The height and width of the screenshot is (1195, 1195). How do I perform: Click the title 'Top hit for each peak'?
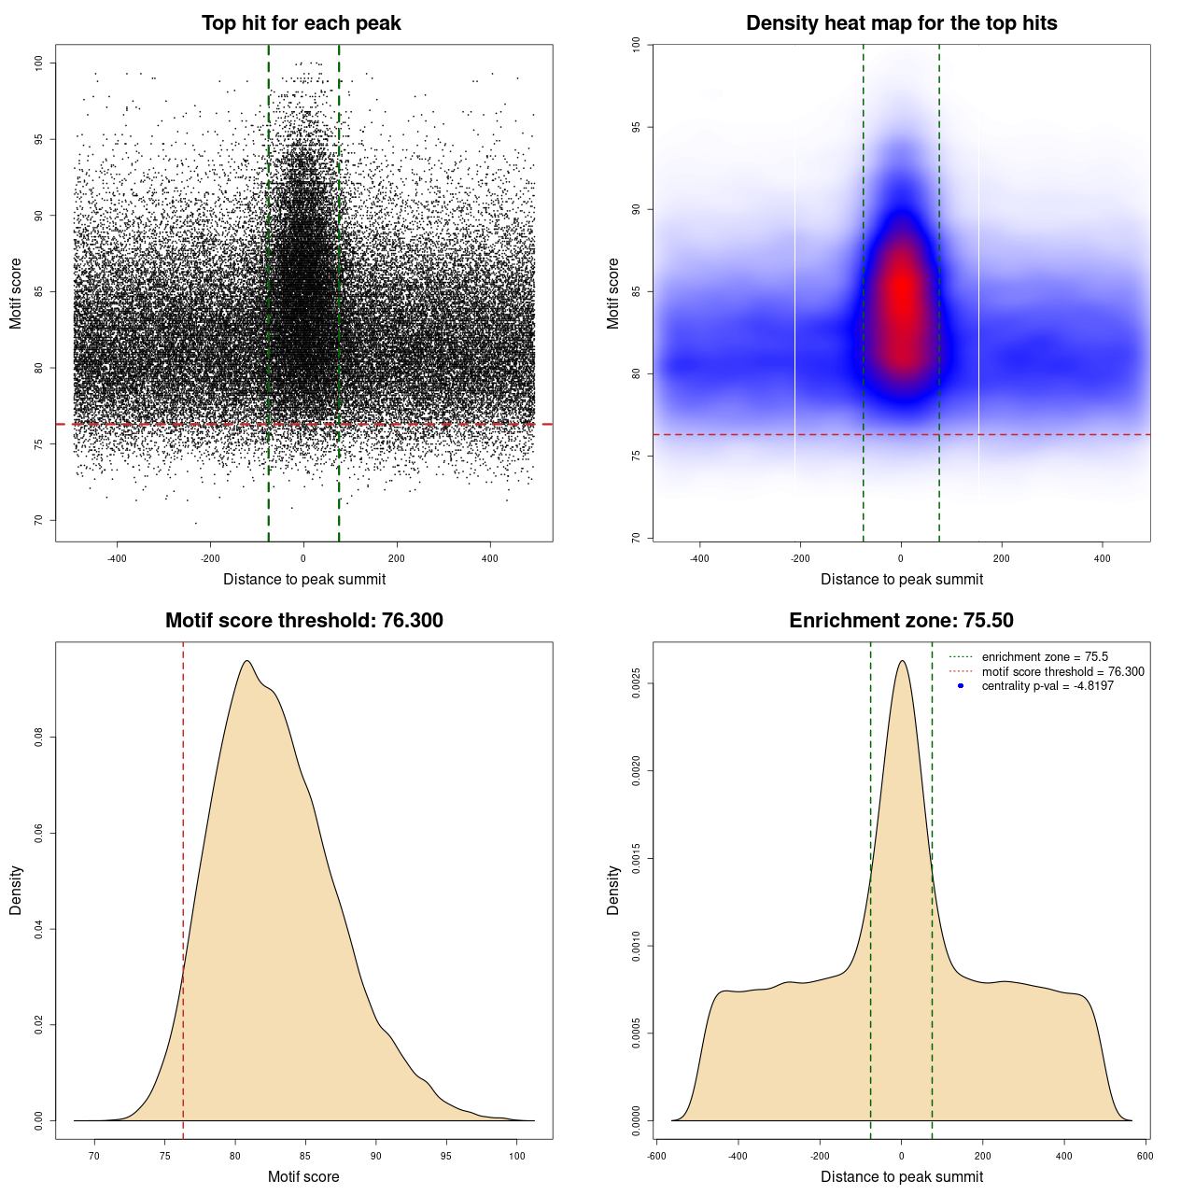pyautogui.click(x=301, y=23)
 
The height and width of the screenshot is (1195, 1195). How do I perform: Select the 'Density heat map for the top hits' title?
pyautogui.click(x=901, y=23)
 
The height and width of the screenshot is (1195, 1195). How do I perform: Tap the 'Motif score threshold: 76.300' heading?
pyautogui.click(x=303, y=621)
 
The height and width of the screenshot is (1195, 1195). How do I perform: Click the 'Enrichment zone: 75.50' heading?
pyautogui.click(x=901, y=621)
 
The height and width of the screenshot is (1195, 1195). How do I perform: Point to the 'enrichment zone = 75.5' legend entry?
pyautogui.click(x=1044, y=657)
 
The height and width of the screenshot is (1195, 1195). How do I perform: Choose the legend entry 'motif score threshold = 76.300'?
pyautogui.click(x=1062, y=672)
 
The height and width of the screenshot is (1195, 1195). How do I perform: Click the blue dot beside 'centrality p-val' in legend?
pyautogui.click(x=961, y=686)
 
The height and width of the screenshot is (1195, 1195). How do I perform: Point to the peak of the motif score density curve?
pyautogui.click(x=246, y=661)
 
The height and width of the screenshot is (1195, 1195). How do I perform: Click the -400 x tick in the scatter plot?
pyautogui.click(x=117, y=558)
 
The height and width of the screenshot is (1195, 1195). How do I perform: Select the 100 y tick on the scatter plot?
pyautogui.click(x=38, y=63)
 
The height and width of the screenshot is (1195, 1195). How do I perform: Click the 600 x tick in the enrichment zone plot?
pyautogui.click(x=1145, y=1156)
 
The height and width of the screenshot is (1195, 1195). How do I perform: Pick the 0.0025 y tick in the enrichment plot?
pyautogui.click(x=636, y=683)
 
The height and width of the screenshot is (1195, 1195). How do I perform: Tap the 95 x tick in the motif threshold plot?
pyautogui.click(x=446, y=1156)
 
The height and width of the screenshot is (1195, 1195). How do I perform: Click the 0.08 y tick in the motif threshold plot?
pyautogui.click(x=38, y=738)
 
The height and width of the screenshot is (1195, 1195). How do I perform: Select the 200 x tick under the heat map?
pyautogui.click(x=1001, y=558)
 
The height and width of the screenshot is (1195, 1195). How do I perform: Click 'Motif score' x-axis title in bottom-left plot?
pyautogui.click(x=303, y=1176)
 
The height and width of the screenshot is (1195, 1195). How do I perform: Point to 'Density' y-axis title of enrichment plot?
pyautogui.click(x=613, y=890)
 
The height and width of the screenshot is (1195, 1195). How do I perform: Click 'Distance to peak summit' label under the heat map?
pyautogui.click(x=901, y=579)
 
